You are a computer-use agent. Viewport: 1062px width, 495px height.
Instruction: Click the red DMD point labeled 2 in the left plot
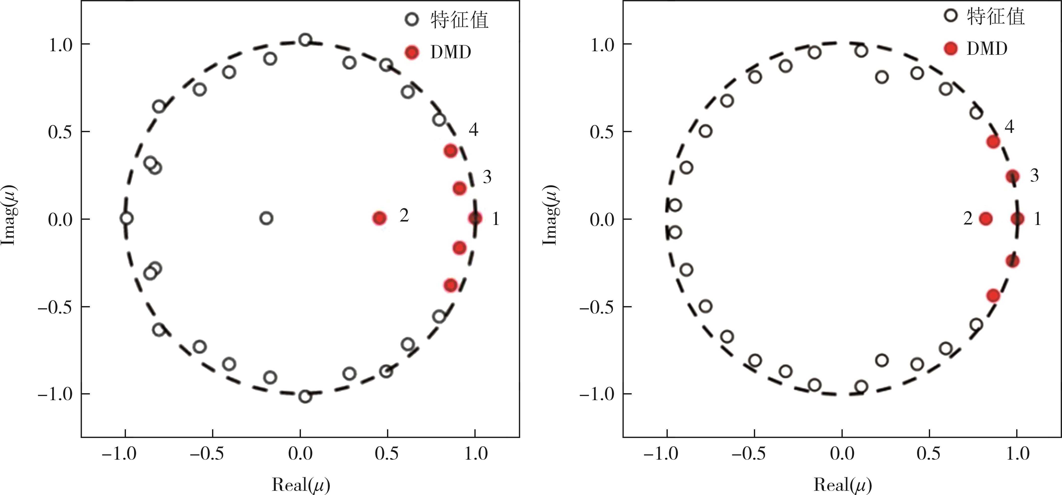[379, 218]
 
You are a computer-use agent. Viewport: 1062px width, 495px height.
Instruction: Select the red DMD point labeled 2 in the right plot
[986, 219]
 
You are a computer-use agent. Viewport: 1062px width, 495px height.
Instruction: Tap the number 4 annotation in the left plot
[473, 130]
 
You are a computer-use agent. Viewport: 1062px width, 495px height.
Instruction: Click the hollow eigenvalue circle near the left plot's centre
[267, 218]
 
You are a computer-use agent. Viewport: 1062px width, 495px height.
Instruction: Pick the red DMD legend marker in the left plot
[412, 52]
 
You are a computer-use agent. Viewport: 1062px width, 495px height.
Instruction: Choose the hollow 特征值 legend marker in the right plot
[951, 16]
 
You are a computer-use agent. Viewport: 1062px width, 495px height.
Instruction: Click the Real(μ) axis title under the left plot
[301, 485]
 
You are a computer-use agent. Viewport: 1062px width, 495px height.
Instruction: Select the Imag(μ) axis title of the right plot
[550, 215]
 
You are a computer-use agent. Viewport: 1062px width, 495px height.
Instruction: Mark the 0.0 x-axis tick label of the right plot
[841, 454]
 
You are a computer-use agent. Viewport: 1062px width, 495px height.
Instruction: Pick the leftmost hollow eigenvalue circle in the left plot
[127, 218]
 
